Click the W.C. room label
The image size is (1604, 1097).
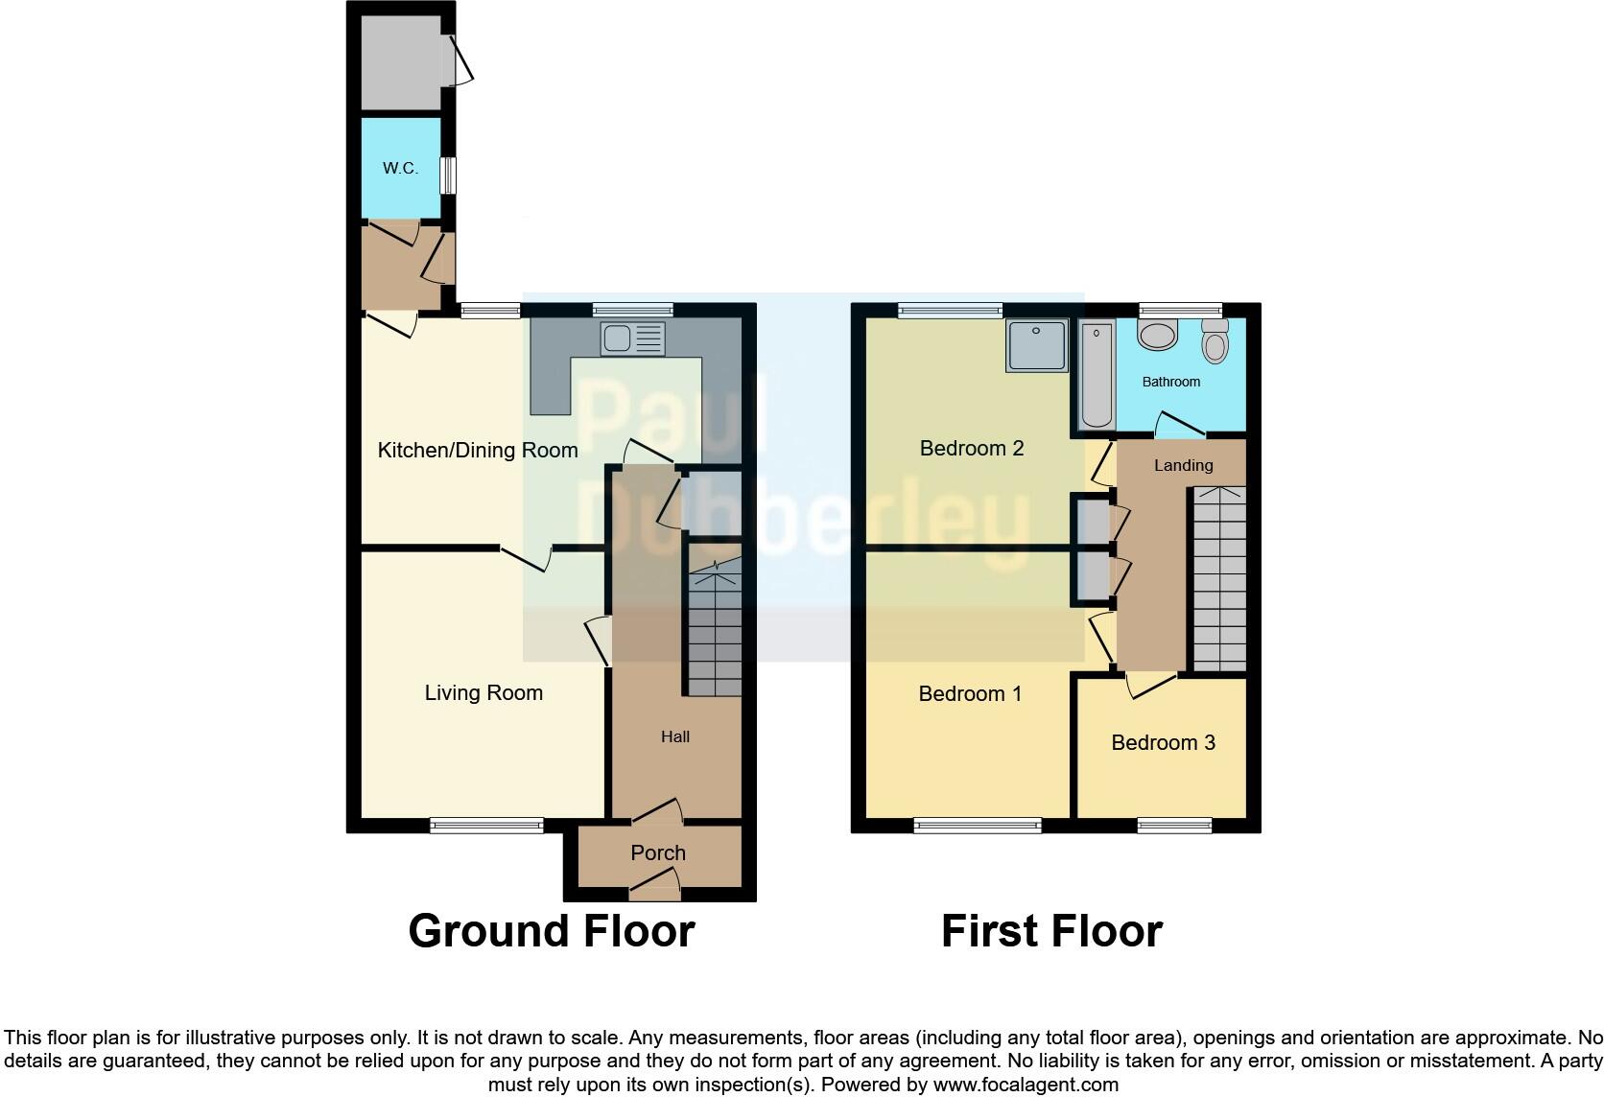pyautogui.click(x=400, y=168)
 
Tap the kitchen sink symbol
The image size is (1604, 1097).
pyautogui.click(x=632, y=338)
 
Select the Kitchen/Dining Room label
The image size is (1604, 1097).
pyautogui.click(x=478, y=450)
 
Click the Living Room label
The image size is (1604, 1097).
pyautogui.click(x=484, y=692)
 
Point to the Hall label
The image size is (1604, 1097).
pyautogui.click(x=675, y=736)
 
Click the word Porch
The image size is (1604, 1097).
pyautogui.click(x=658, y=852)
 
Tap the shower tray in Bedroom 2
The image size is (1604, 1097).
pyautogui.click(x=1036, y=345)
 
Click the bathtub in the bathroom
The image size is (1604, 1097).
pyautogui.click(x=1097, y=376)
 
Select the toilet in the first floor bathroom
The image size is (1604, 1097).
pyautogui.click(x=1215, y=340)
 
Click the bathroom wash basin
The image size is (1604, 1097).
pyautogui.click(x=1158, y=335)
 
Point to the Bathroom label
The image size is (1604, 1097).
pyautogui.click(x=1170, y=382)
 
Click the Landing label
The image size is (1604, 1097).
pyautogui.click(x=1183, y=465)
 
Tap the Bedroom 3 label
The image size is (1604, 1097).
pyautogui.click(x=1163, y=742)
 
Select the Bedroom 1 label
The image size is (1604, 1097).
pyautogui.click(x=970, y=693)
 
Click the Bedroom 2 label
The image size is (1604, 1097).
pyautogui.click(x=971, y=448)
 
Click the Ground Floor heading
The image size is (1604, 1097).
pyautogui.click(x=551, y=931)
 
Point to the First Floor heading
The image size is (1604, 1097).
pyautogui.click(x=1051, y=931)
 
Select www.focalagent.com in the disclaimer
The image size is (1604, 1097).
pyautogui.click(x=1026, y=1085)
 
